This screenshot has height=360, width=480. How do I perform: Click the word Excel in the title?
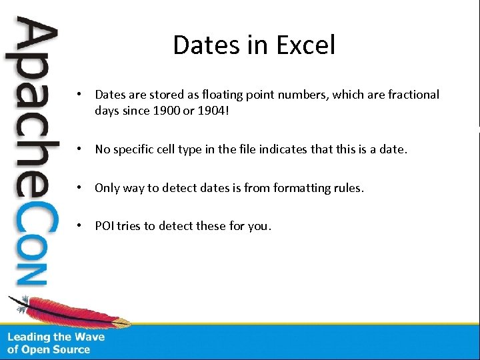307,45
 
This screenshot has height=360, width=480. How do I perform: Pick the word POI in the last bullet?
105,225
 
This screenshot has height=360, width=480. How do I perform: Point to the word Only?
107,188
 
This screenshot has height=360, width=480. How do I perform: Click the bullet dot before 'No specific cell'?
79,149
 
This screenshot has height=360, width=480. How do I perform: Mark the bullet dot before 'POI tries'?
79,225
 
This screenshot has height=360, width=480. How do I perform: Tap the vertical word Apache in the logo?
30,107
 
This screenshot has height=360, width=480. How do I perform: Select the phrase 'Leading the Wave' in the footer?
56,337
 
